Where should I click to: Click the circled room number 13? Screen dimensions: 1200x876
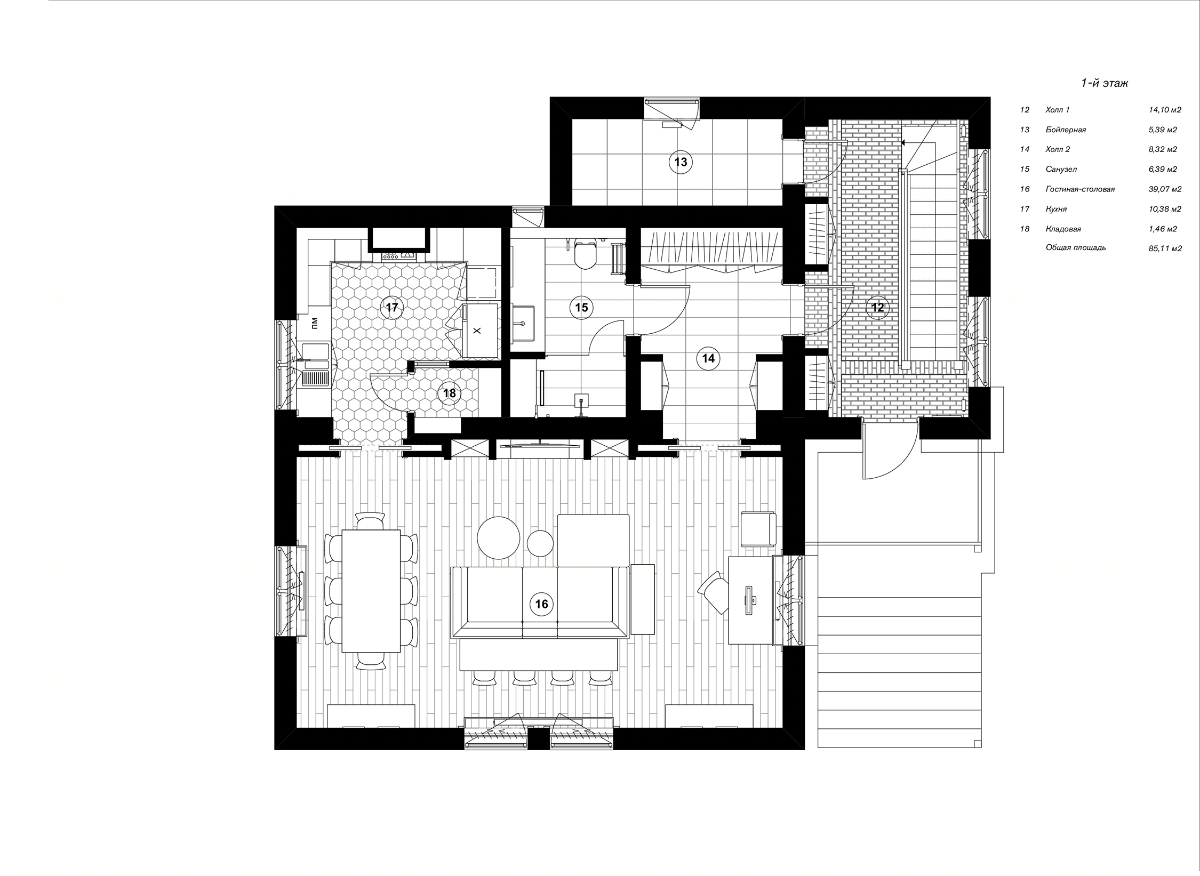[x=681, y=162]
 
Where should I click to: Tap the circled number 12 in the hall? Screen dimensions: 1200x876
[x=877, y=307]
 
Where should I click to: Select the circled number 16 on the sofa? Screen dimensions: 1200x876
[x=541, y=604]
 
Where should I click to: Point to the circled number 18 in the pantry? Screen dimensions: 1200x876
[x=449, y=393]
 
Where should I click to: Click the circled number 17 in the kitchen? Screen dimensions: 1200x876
[x=392, y=307]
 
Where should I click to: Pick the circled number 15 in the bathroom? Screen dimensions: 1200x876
[x=581, y=307]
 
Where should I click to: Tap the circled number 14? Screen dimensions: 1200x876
[x=708, y=358]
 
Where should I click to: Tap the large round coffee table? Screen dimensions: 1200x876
[x=499, y=537]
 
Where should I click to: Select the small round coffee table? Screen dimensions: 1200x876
[x=541, y=543]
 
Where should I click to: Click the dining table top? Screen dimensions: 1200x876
[x=371, y=590]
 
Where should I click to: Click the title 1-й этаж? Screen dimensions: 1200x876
[x=1103, y=83]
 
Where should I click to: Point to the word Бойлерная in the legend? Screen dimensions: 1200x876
[x=1066, y=130]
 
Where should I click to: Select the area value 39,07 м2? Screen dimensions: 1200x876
[x=1165, y=189]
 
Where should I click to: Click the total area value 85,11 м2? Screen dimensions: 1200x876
[x=1165, y=248]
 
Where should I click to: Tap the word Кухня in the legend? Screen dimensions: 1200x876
[x=1056, y=209]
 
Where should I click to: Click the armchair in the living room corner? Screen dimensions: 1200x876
[x=758, y=528]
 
